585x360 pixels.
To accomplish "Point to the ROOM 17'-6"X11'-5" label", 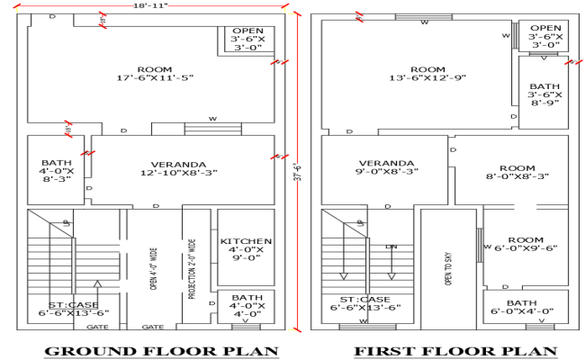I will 155,74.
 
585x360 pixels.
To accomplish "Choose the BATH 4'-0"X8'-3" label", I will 55,170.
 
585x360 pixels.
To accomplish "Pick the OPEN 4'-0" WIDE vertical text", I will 154,271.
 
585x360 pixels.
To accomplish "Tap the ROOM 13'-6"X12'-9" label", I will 427,75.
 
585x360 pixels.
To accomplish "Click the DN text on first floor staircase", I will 391,247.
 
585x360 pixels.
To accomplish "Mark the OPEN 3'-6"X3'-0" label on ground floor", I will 248,40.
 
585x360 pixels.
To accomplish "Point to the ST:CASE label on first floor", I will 364,303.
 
